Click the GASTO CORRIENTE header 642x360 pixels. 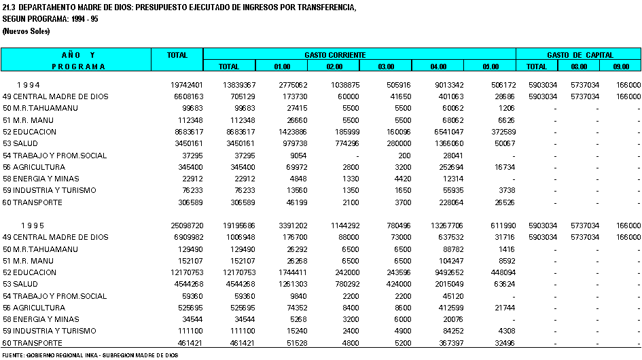tap(335, 55)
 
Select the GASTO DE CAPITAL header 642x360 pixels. tap(580, 55)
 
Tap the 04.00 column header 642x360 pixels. tap(438, 67)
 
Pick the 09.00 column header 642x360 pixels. tap(621, 67)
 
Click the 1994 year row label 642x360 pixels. tap(29, 85)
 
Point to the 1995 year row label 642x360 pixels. tap(33, 226)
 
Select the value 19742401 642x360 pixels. tap(187, 85)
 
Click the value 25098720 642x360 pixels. tap(187, 226)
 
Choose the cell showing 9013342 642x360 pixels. tap(449, 85)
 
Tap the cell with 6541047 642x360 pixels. tap(449, 132)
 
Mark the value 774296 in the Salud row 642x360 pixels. tap(344, 143)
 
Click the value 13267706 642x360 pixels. tap(447, 226)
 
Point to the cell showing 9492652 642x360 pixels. tap(449, 272)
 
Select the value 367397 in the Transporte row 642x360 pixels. tap(451, 343)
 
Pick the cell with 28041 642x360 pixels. tap(453, 156)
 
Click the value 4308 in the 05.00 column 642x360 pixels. tap(507, 331)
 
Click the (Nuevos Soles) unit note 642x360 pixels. tap(26, 31)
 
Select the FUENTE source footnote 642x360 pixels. tap(90, 355)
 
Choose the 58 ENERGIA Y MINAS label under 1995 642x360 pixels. tap(41, 319)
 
